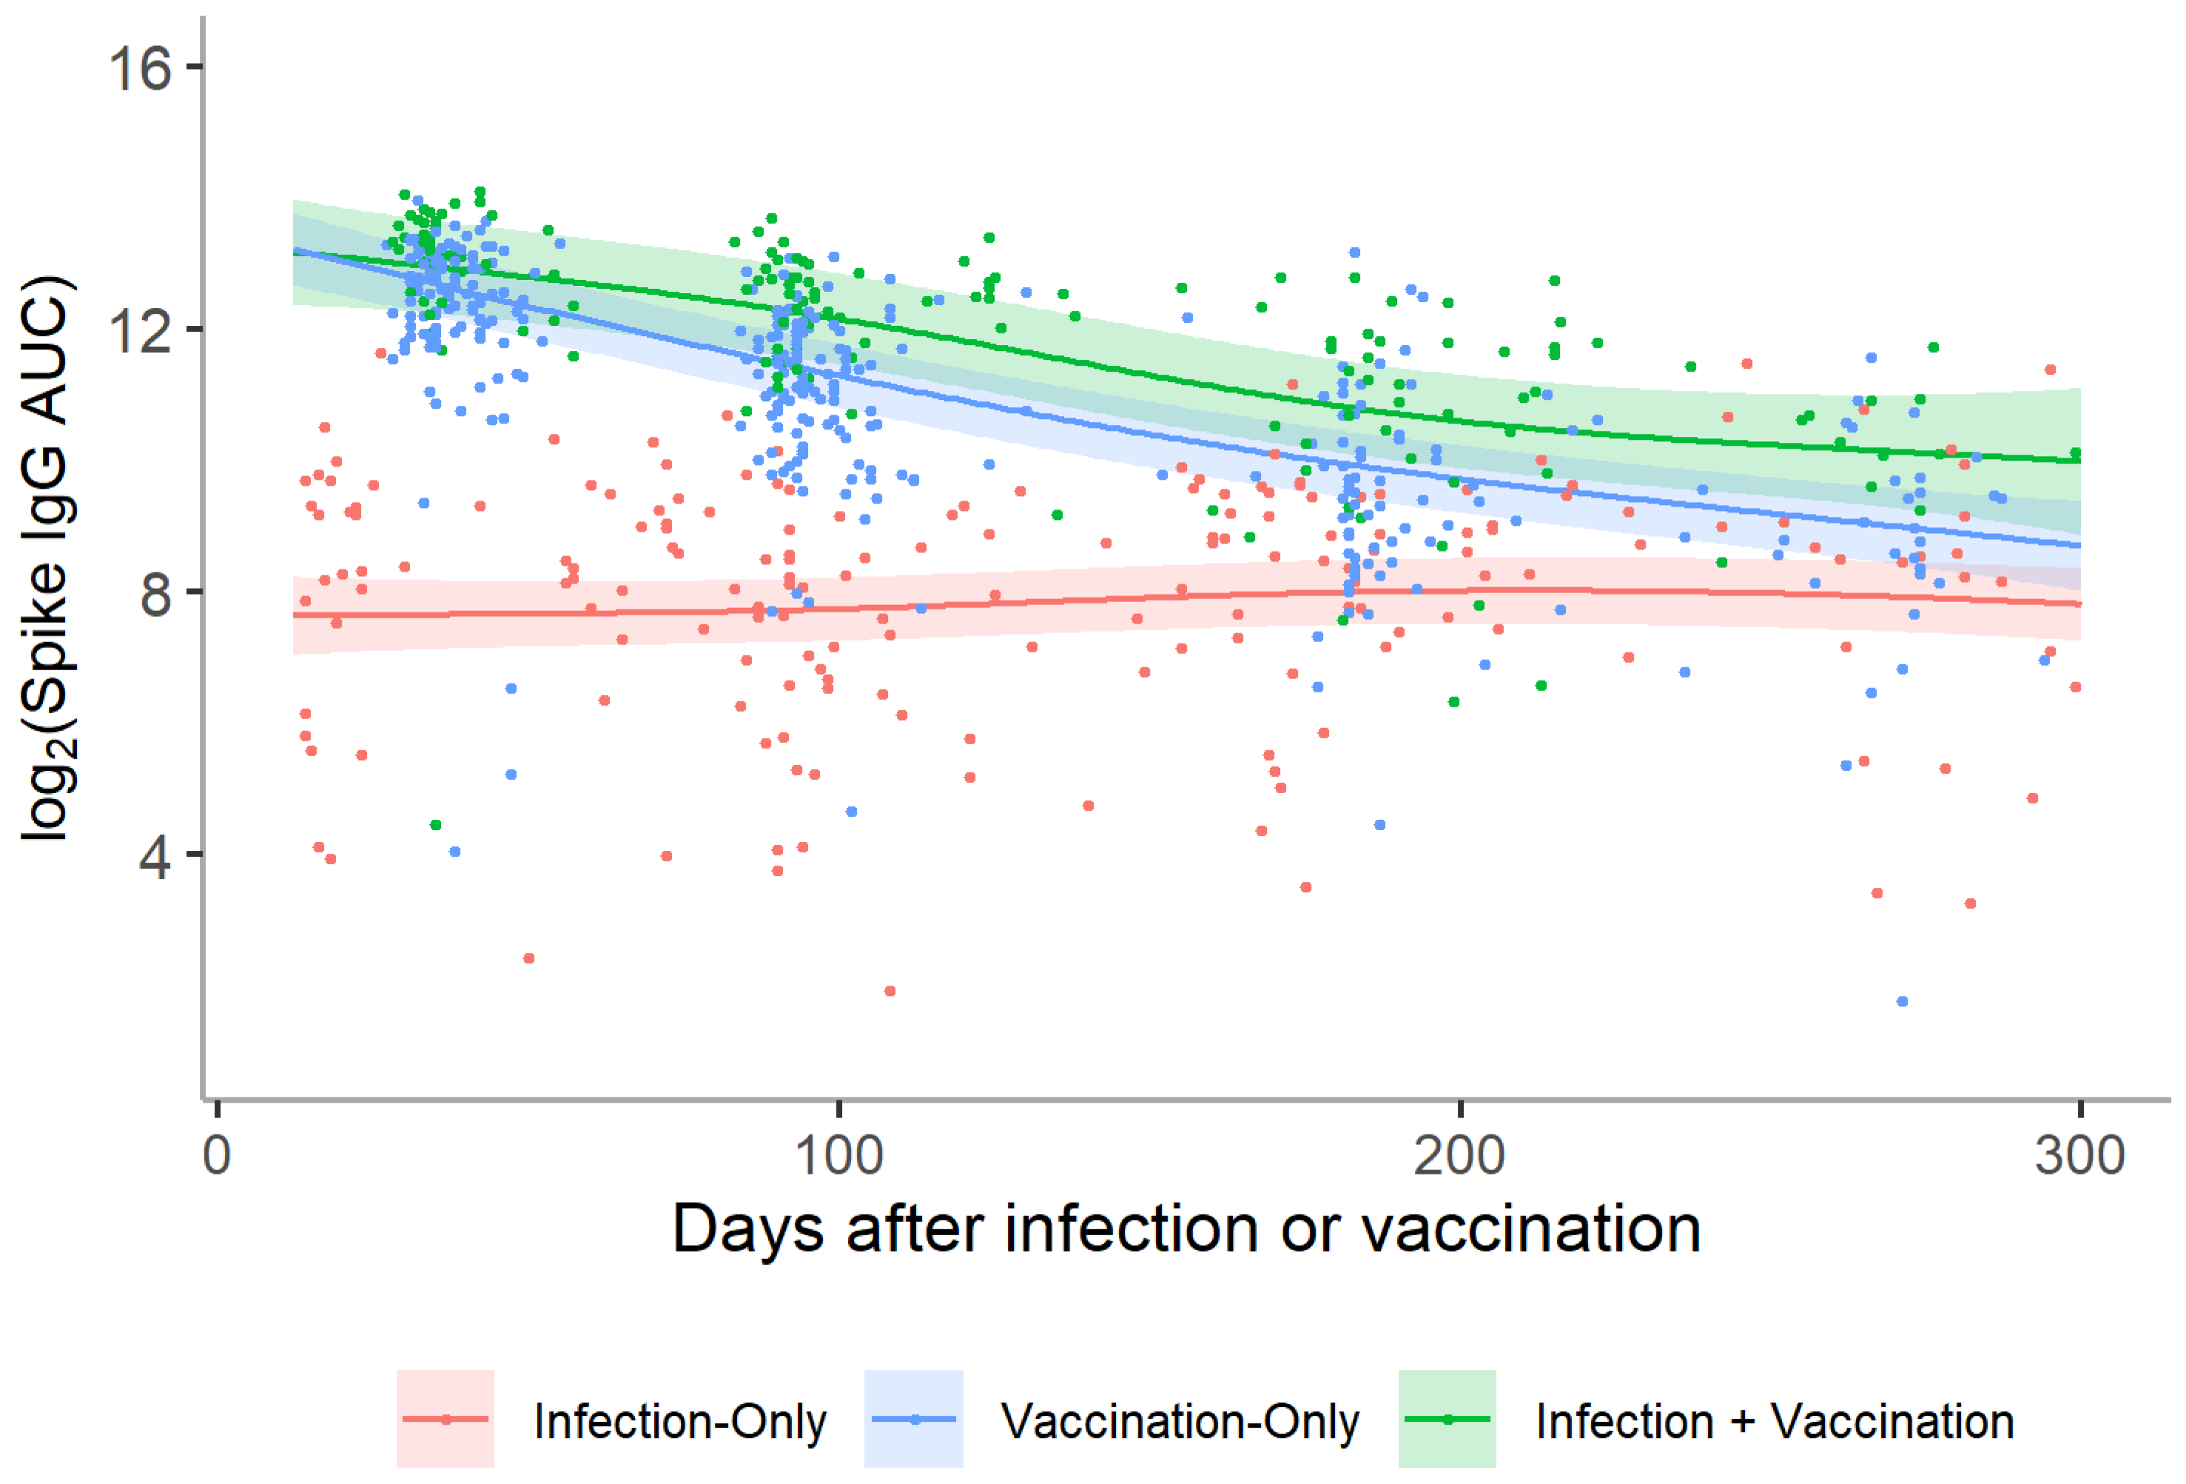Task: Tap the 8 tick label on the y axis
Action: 156,594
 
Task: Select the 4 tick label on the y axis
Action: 156,856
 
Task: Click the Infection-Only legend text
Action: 680,1421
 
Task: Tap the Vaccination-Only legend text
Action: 1180,1421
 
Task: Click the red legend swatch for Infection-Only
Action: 445,1419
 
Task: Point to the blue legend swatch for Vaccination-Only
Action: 913,1419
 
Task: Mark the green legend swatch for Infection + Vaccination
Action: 1447,1419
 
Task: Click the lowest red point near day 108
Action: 889,991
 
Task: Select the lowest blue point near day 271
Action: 1902,1001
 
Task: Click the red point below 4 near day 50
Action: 528,958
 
